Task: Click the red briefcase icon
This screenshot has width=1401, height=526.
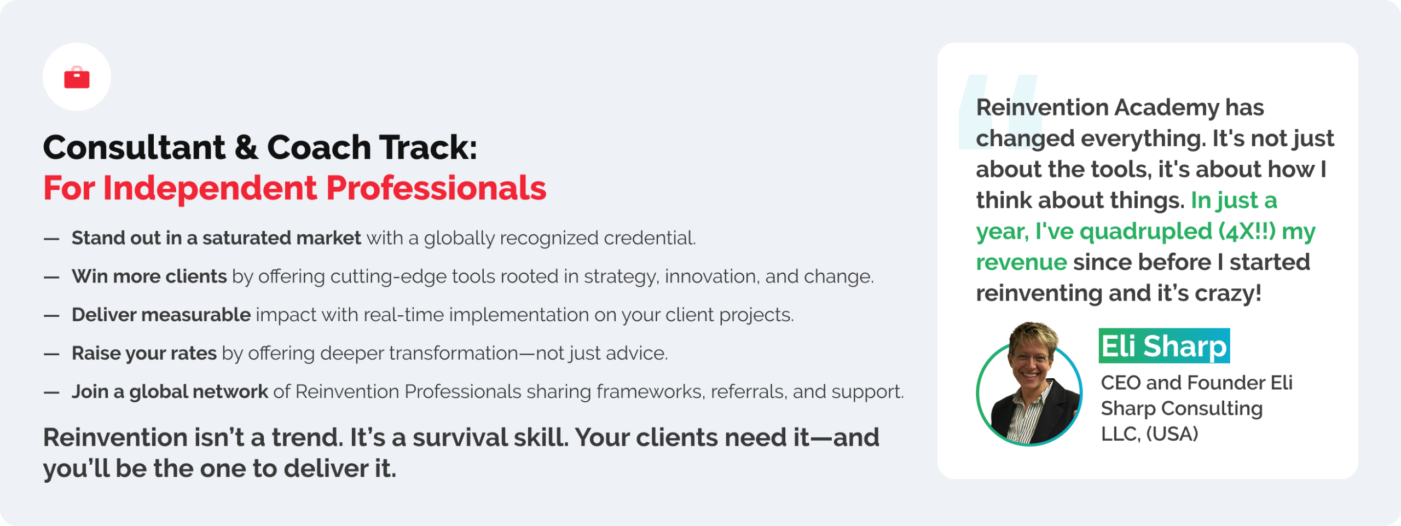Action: coord(77,77)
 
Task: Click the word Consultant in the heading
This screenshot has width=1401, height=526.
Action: coord(134,147)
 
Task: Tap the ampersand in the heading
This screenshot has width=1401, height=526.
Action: coord(246,147)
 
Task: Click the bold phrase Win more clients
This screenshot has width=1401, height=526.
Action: coord(149,276)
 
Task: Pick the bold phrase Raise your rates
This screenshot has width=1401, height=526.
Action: coord(144,353)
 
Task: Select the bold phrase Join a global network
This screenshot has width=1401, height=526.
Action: coord(170,391)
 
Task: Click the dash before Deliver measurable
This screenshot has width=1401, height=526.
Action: coord(51,316)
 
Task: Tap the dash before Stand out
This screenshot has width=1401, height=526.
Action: coord(51,239)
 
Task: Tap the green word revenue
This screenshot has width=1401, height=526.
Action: coord(1021,262)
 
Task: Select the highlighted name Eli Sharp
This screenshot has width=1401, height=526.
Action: coord(1164,346)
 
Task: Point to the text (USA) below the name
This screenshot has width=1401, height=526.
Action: coord(1172,434)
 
